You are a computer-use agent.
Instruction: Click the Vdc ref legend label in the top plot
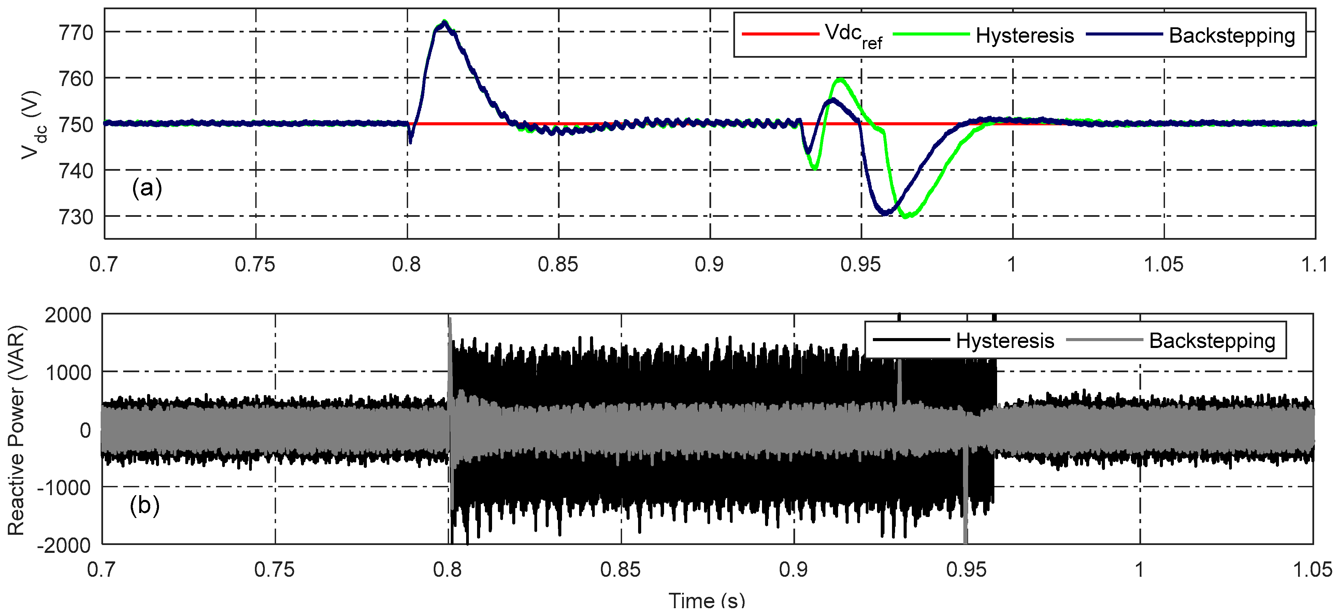pos(853,36)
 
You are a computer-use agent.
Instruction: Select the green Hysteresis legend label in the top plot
pos(1024,36)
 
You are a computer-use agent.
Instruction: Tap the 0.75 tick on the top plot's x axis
pos(255,265)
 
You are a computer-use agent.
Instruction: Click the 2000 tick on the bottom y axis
pos(68,315)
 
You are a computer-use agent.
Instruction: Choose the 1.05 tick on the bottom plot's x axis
pos(1312,570)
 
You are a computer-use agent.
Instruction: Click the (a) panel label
pos(147,188)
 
